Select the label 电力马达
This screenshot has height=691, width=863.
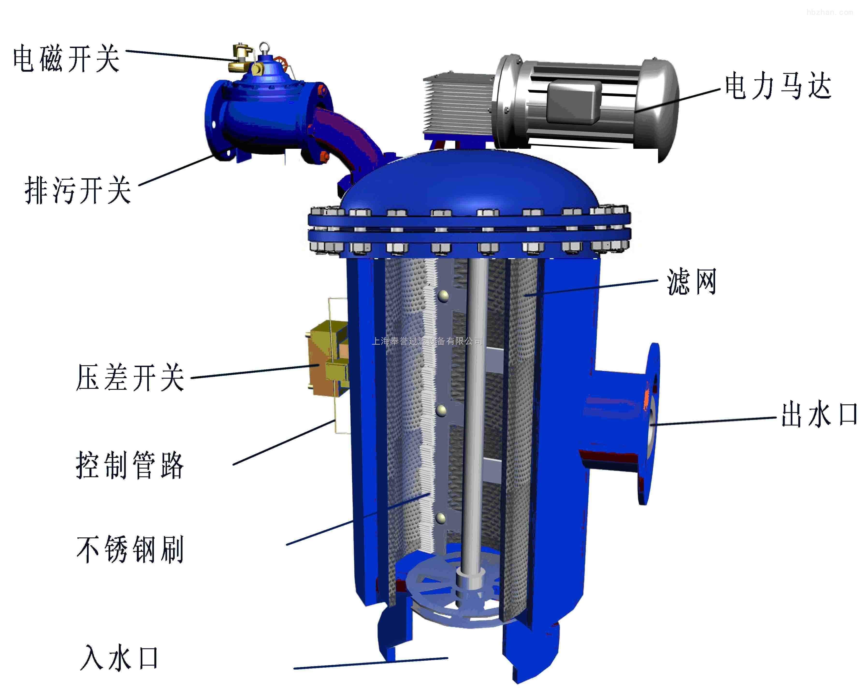(779, 86)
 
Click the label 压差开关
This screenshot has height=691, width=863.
(130, 377)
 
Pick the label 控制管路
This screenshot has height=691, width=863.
(130, 465)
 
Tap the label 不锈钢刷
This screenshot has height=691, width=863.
(130, 550)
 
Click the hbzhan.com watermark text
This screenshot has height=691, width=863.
(829, 12)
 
